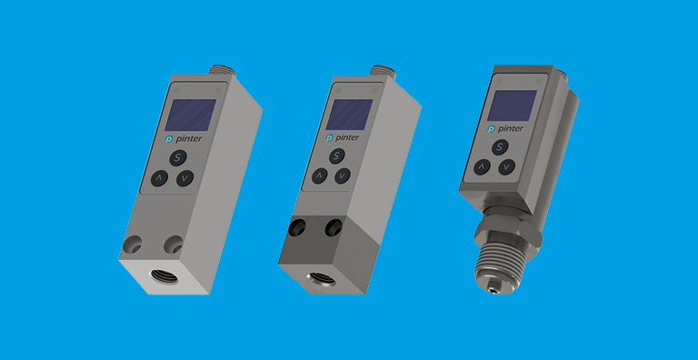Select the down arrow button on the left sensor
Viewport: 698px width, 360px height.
tap(184, 179)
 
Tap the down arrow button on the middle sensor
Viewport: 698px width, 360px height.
tap(343, 175)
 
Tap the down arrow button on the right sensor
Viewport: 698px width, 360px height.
tap(506, 166)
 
